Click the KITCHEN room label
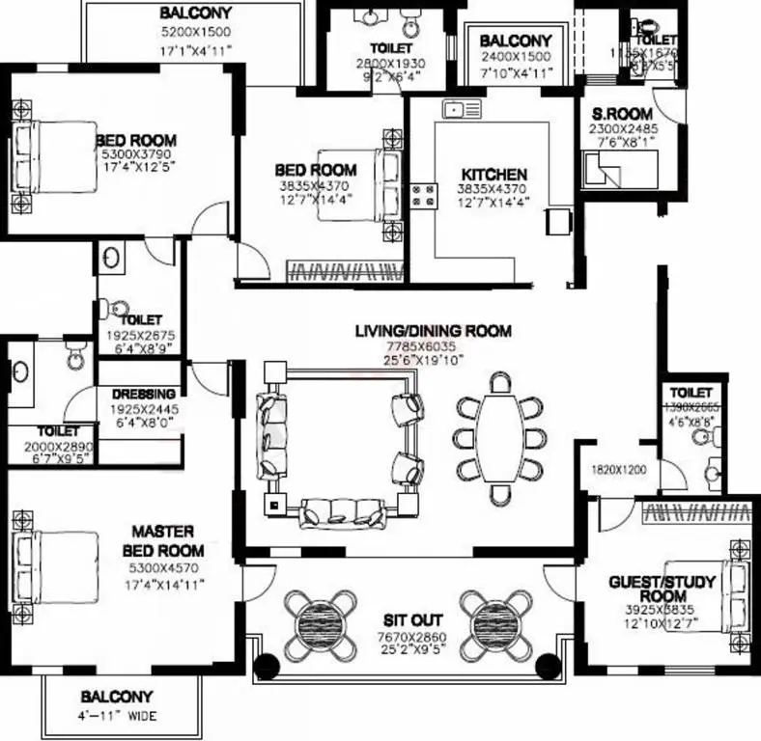coord(493,175)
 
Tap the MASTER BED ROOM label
coord(162,540)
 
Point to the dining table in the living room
coord(501,438)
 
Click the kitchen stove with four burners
coord(422,196)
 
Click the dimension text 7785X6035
coord(433,346)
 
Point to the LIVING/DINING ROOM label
coord(433,331)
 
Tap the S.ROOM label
coord(615,114)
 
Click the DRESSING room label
coord(143,394)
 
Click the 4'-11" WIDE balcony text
coord(117,716)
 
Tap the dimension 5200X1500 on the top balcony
coord(196,31)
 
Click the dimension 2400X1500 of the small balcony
coord(515,57)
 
